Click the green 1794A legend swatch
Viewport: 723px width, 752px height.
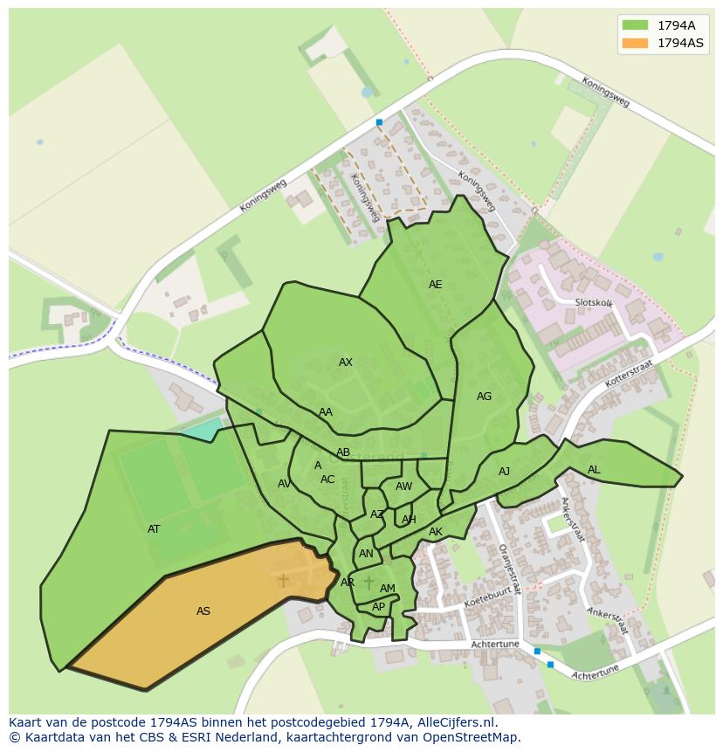635,25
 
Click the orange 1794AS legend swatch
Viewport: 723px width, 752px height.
635,43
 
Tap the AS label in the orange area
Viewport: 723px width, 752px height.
203,611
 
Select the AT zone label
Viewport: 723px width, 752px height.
154,529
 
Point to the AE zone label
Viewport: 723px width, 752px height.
435,285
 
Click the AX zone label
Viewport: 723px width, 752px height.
346,362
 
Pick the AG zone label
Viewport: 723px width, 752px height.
484,397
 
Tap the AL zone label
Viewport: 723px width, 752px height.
594,470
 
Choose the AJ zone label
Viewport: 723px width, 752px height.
504,472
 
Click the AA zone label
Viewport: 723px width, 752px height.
326,412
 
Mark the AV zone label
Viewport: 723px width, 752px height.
284,484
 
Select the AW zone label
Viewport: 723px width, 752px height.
403,486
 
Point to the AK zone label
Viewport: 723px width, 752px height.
436,532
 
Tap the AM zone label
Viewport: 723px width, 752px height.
388,589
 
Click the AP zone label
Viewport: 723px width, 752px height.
378,607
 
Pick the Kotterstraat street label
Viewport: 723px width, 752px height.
622,376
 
